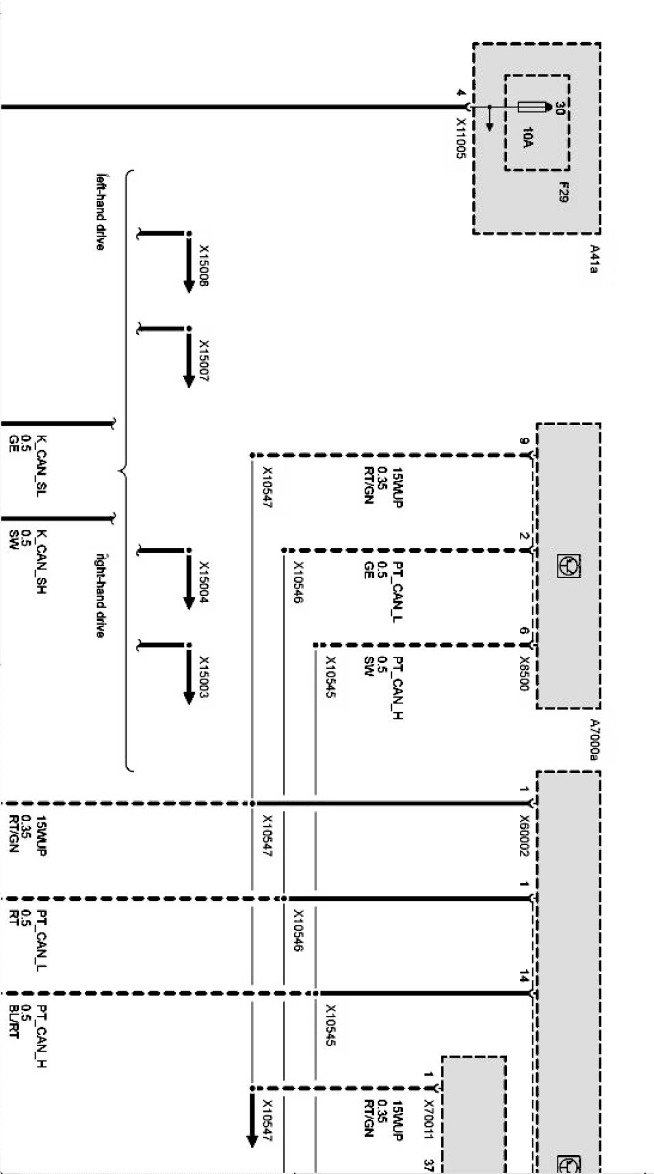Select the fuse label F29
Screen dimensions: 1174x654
coord(562,192)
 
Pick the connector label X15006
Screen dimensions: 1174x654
coord(204,265)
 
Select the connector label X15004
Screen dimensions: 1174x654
coord(204,583)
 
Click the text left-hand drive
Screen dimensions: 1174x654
coord(101,211)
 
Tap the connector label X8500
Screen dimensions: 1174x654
coord(524,674)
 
